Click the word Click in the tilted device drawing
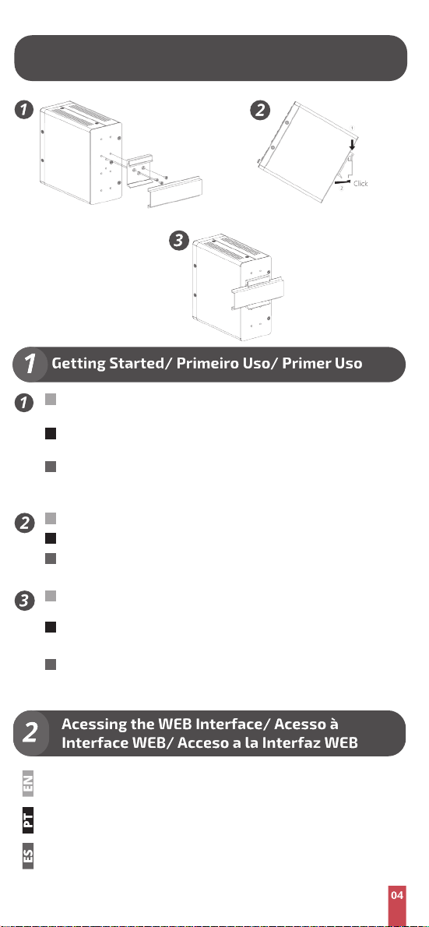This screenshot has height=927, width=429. click(360, 183)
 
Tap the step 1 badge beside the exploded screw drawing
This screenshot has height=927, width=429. click(24, 110)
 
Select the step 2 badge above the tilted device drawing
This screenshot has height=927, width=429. click(260, 110)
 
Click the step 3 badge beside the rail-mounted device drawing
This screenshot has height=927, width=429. click(178, 241)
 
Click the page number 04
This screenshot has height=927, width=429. click(397, 895)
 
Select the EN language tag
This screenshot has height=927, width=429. click(28, 784)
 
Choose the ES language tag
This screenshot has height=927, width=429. click(28, 855)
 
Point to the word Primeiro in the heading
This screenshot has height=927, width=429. click(207, 363)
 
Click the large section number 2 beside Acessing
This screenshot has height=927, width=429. click(30, 734)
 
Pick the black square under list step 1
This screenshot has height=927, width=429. click(51, 433)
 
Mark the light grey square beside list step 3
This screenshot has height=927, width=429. click(51, 596)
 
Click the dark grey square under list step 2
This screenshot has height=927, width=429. click(51, 558)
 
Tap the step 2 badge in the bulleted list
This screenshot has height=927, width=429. click(24, 523)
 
